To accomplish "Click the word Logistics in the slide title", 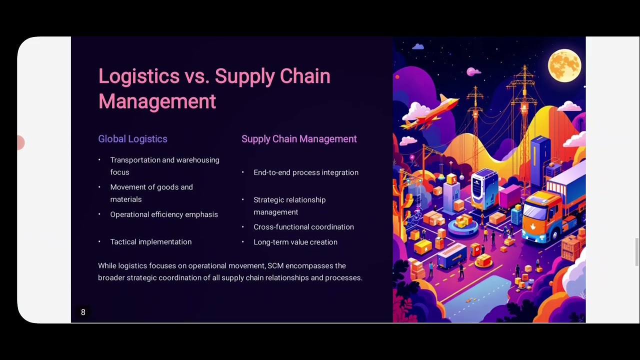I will [138, 76].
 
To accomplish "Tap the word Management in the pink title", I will [157, 101].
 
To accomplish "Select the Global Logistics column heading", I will [132, 139].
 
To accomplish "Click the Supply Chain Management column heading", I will [299, 139].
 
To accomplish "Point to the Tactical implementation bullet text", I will [150, 242].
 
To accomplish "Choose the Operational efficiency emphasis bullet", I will [164, 214].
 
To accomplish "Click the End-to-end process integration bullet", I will [305, 172].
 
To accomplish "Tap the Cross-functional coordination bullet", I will [303, 227].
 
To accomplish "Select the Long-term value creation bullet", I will [295, 242].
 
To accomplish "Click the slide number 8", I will [83, 312].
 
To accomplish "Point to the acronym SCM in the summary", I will [275, 266].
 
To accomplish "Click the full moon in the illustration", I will [564, 64].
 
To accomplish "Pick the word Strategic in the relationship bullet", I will [270, 200].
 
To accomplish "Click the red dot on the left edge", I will [20, 143].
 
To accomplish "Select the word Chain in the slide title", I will [304, 76].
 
